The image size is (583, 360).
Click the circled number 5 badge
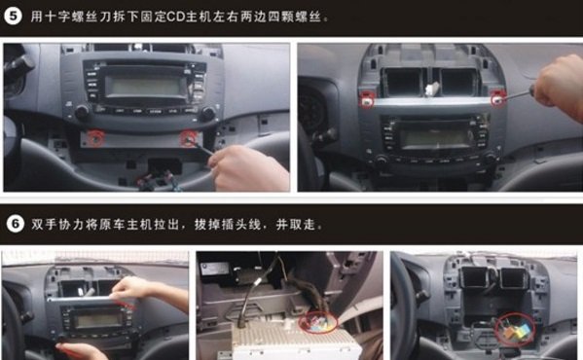[13, 17]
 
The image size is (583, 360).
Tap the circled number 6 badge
[16, 224]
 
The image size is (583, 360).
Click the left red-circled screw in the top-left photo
[95, 138]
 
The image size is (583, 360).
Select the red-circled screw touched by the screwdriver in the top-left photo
[189, 138]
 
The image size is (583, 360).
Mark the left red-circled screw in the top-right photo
[367, 99]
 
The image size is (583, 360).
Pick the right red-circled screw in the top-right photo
[497, 99]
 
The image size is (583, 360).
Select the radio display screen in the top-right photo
[436, 138]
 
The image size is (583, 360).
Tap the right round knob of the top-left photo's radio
[208, 112]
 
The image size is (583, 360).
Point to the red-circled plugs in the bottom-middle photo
[318, 321]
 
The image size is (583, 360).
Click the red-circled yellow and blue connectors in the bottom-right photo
[515, 330]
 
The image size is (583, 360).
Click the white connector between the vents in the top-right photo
[431, 90]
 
